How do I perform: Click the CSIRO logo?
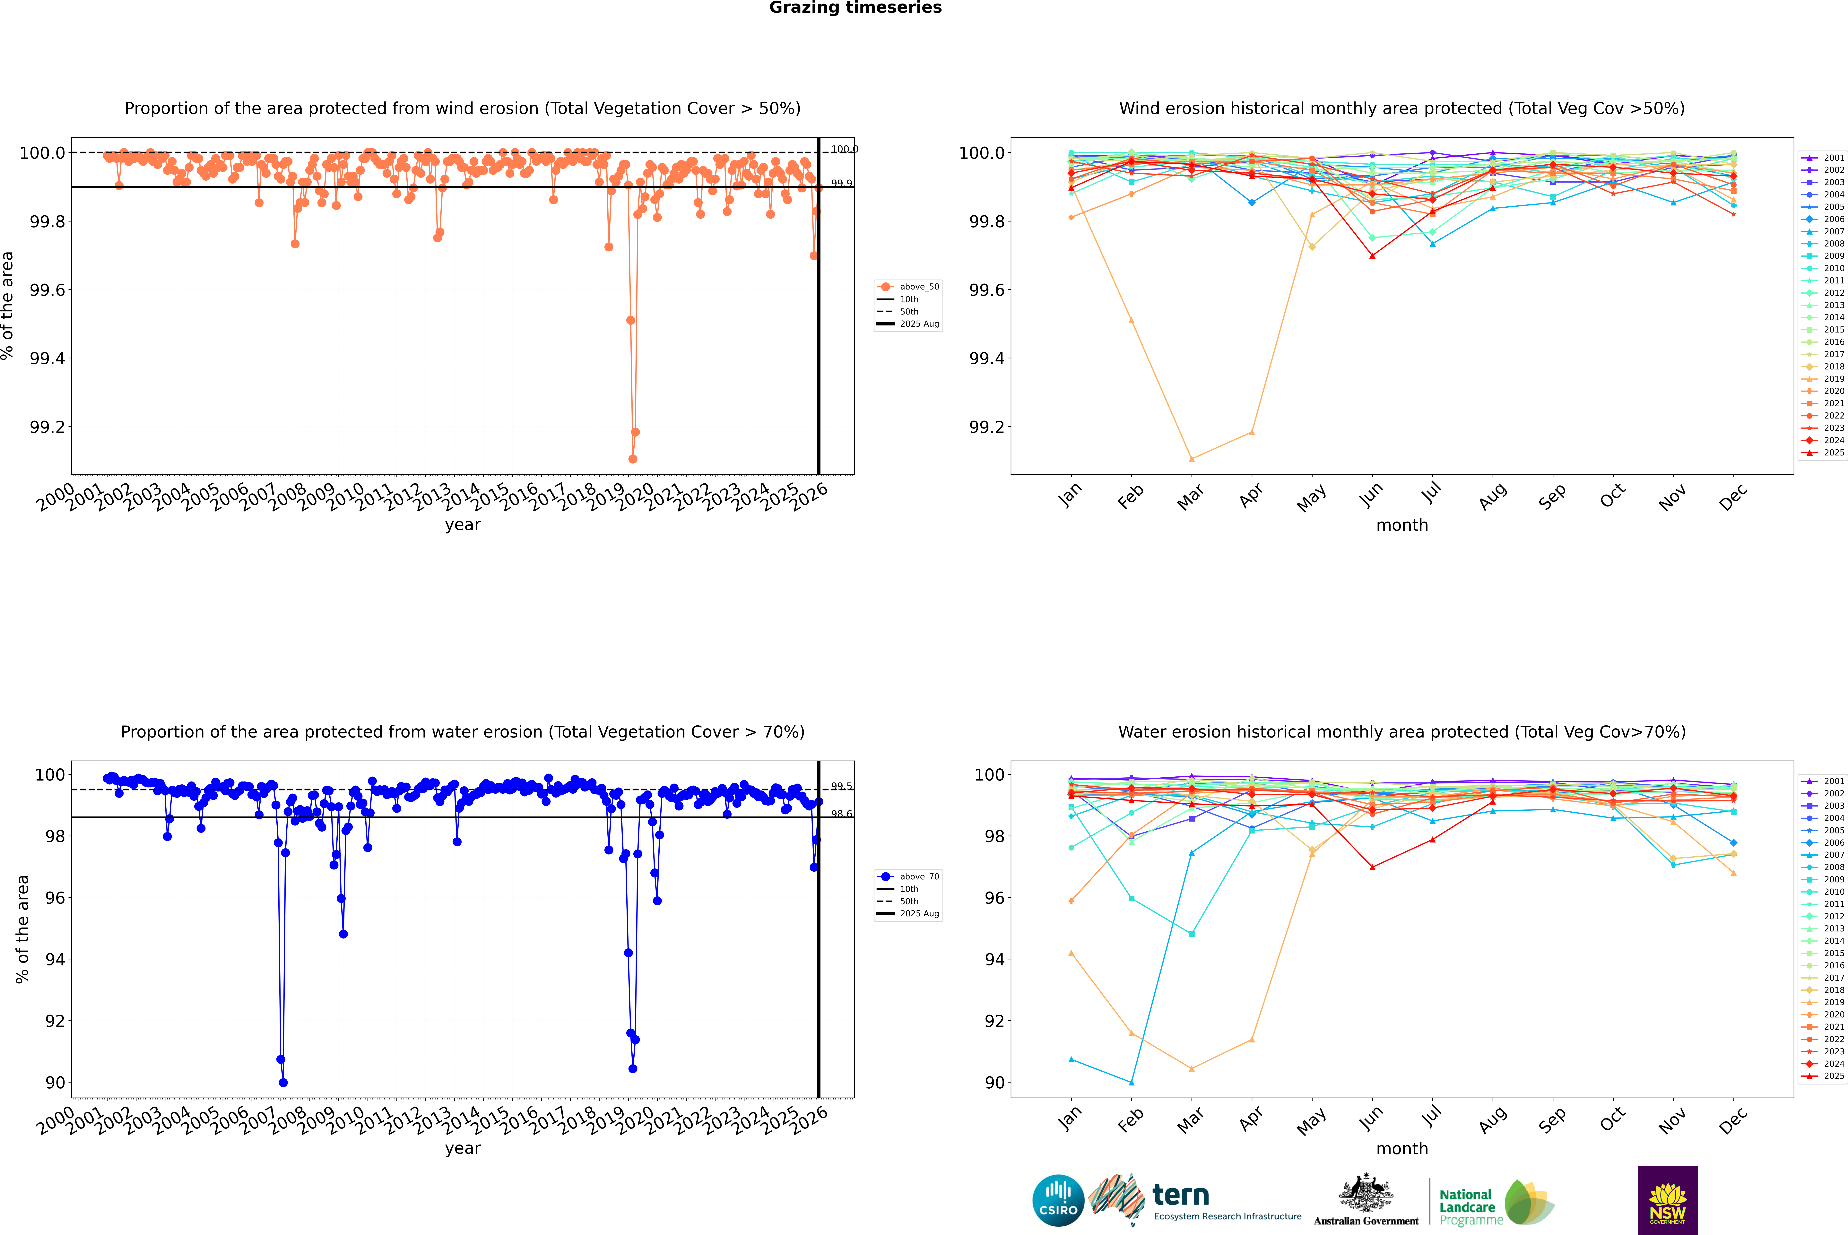(1058, 1200)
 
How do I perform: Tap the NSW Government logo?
(1668, 1200)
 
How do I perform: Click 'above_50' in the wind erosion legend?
(919, 287)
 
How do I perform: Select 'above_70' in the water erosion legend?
(919, 877)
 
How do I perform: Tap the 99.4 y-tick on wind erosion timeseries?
(47, 358)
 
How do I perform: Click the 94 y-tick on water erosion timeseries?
(55, 959)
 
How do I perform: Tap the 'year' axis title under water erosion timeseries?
(462, 1148)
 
